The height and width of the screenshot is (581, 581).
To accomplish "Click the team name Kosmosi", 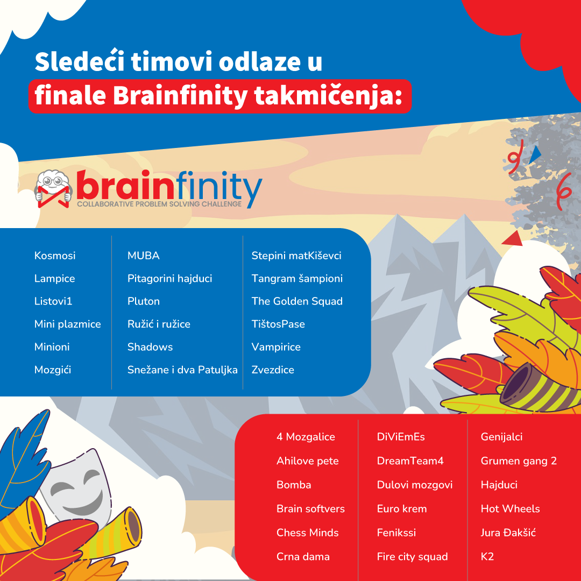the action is coord(55,256).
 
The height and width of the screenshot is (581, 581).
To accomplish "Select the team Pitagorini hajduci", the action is coord(169,279).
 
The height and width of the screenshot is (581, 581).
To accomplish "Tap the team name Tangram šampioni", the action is coord(297,279).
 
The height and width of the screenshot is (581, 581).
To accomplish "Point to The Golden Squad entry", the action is coord(297,301).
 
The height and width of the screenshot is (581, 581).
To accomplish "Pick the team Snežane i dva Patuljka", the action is coord(182,370).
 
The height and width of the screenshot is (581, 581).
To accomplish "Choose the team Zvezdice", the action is coord(273,370).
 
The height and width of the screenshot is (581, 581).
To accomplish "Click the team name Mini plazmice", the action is coord(67,324).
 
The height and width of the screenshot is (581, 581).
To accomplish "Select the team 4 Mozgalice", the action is coord(306,437).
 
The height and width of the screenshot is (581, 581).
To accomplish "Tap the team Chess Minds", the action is coord(308,533).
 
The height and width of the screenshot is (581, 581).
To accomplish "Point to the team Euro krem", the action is coord(402,509).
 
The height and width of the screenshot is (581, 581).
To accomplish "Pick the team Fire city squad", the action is coord(413,557).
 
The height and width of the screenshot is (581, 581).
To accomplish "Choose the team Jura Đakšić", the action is coord(508,533).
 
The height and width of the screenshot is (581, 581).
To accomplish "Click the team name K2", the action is coord(487,557).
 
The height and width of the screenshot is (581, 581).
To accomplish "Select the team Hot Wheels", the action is coord(510,509).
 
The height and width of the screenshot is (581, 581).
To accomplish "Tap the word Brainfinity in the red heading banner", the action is coord(180,96).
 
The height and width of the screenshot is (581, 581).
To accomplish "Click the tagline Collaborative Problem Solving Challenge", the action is coord(159,204).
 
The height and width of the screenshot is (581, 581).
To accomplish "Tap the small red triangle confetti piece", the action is coord(513,238).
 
